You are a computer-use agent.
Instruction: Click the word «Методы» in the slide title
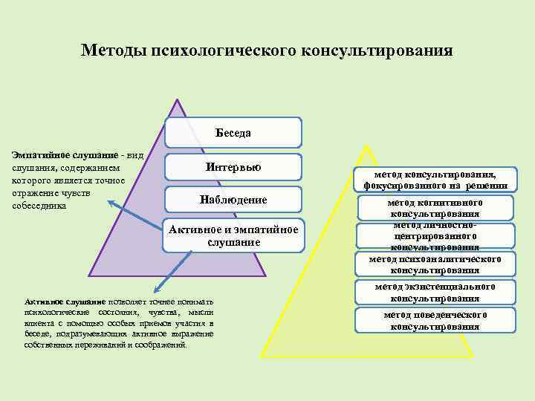tap(114, 50)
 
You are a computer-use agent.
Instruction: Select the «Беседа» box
tap(233, 133)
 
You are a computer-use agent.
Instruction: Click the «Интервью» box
tap(233, 167)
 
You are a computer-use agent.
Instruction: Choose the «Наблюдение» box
tap(233, 200)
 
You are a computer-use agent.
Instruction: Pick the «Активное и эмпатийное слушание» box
tap(233, 235)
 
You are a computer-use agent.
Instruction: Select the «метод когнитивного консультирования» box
tap(435, 208)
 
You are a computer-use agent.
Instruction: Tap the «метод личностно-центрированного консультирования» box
tap(435, 235)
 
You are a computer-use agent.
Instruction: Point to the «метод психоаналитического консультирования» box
tap(435, 264)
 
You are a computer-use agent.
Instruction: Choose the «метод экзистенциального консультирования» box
tap(435, 292)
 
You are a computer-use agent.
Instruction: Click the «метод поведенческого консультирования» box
tap(435, 320)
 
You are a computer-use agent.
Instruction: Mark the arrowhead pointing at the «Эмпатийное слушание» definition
tap(110, 201)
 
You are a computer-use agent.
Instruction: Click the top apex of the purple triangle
tap(177, 100)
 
